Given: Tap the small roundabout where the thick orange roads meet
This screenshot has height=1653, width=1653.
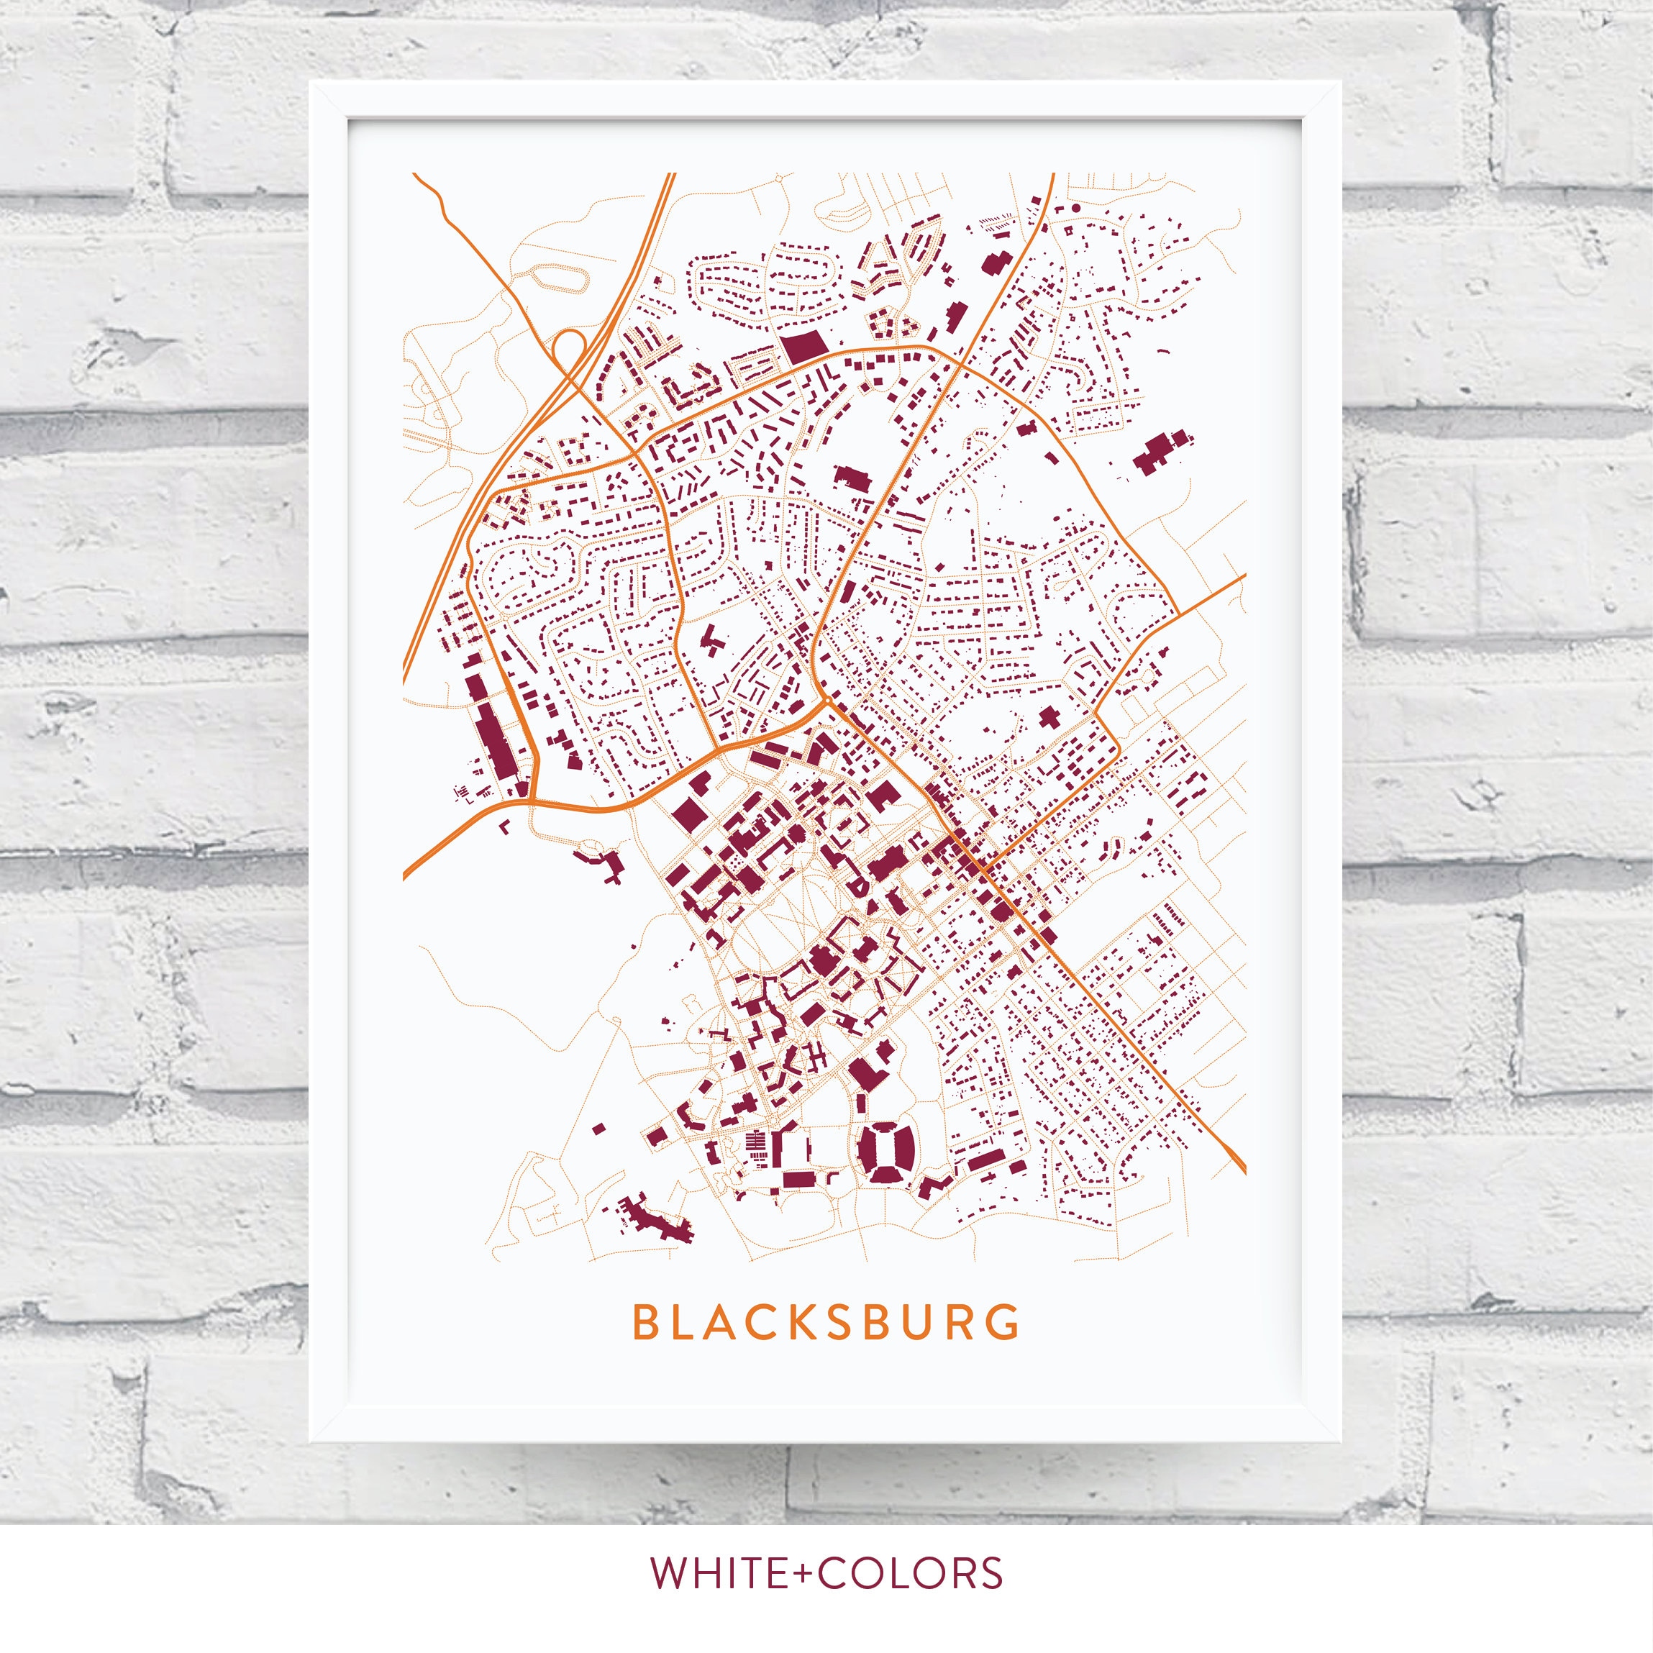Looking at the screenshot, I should click(827, 701).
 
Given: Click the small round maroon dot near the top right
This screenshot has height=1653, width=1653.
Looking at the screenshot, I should click(1075, 208).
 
